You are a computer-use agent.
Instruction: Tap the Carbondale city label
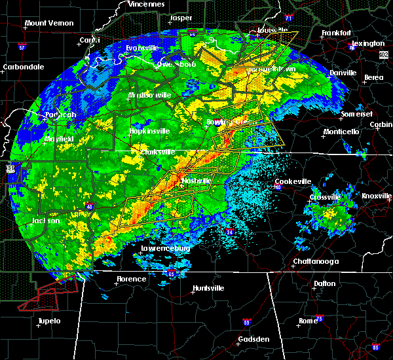(x=23, y=67)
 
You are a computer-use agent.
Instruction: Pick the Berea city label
(x=374, y=77)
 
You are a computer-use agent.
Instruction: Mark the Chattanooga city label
(x=315, y=261)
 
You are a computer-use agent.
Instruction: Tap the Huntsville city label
(x=208, y=289)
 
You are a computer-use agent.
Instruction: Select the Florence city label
(x=131, y=279)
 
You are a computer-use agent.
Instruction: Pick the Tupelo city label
(x=48, y=321)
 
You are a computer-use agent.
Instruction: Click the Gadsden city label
(x=253, y=339)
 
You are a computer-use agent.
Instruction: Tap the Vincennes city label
(x=146, y=4)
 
